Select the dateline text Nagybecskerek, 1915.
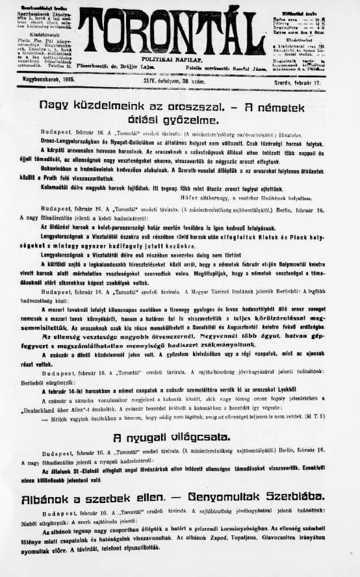tap(49, 78)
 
